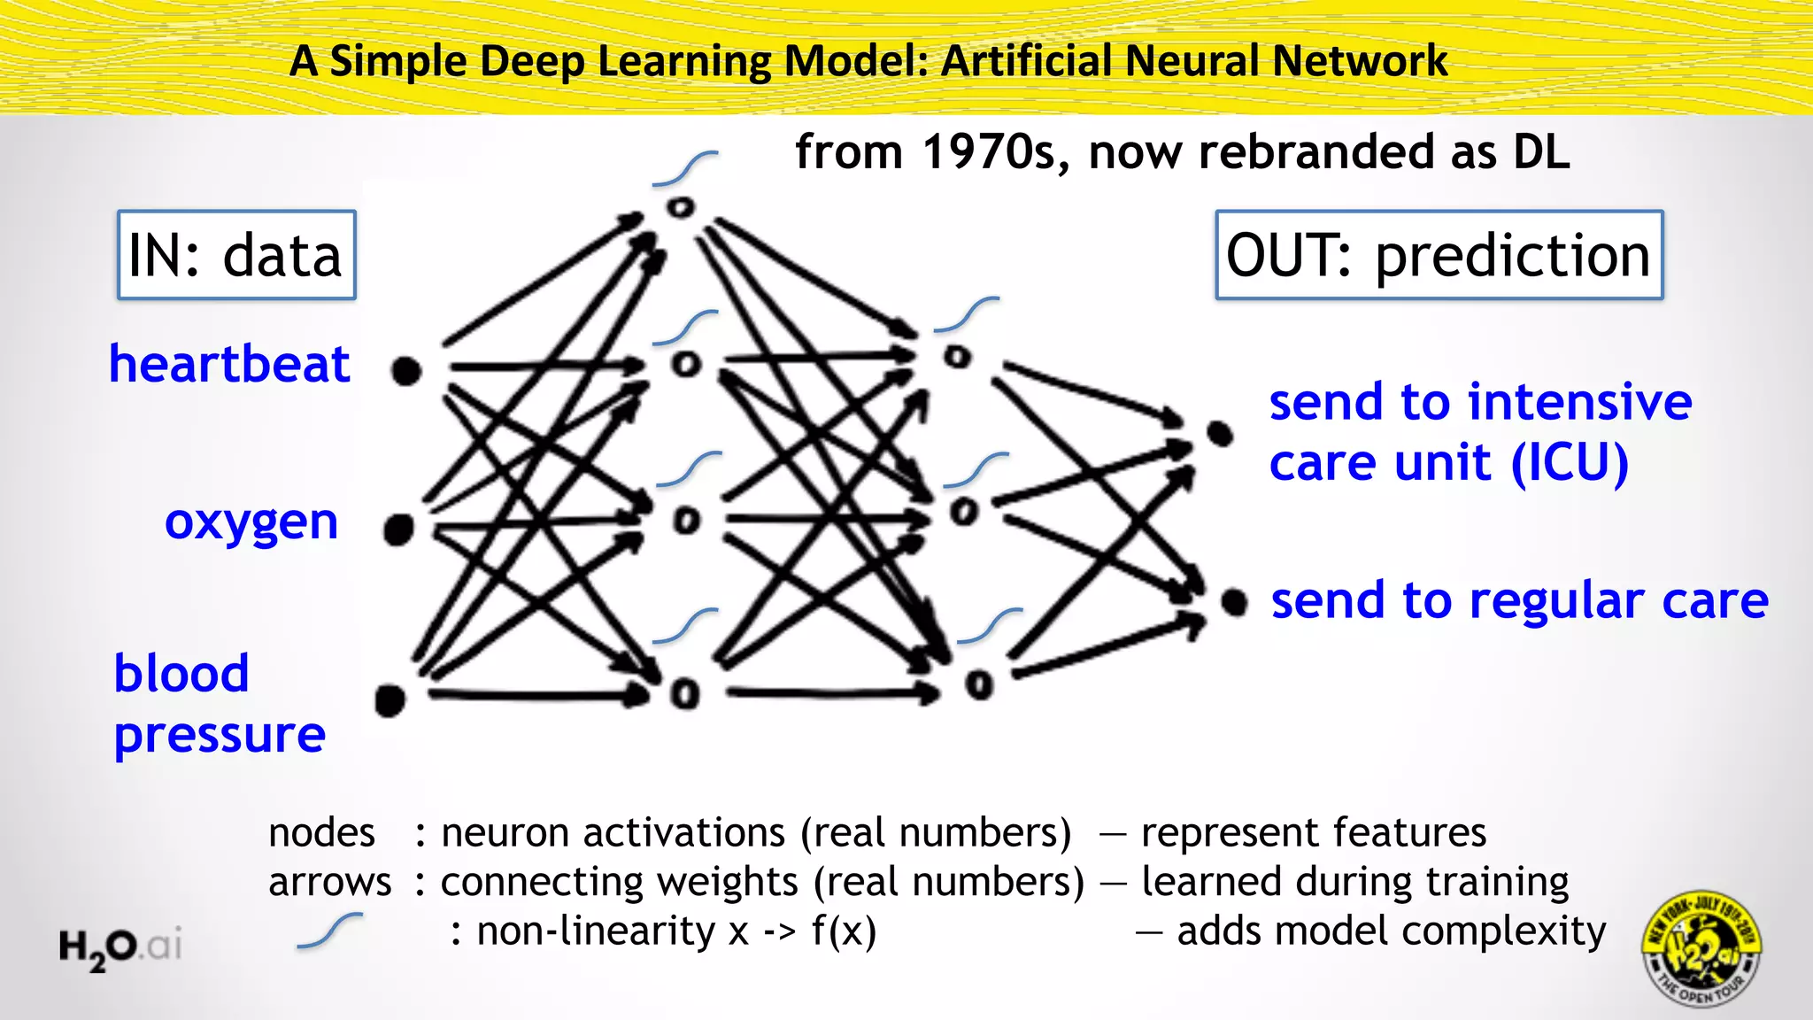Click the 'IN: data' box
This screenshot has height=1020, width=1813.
236,255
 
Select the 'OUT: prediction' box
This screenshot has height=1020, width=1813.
1439,255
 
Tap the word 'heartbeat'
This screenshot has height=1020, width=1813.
229,364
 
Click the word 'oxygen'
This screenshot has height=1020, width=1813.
251,522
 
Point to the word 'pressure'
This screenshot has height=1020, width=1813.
220,734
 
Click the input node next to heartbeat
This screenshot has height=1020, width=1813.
406,371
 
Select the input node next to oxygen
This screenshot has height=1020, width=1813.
398,529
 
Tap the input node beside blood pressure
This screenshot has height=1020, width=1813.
390,699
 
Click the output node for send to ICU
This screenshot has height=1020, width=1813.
1220,434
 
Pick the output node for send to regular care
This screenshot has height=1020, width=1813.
1233,603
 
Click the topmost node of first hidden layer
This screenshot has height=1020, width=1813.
681,208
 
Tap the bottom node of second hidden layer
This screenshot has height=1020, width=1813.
979,684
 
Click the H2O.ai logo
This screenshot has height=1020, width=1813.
120,947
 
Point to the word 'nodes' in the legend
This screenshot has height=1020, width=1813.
321,833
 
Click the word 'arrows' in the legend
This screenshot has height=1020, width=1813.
329,882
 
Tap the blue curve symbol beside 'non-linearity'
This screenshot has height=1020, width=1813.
329,931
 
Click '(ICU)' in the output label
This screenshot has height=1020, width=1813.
1569,462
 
